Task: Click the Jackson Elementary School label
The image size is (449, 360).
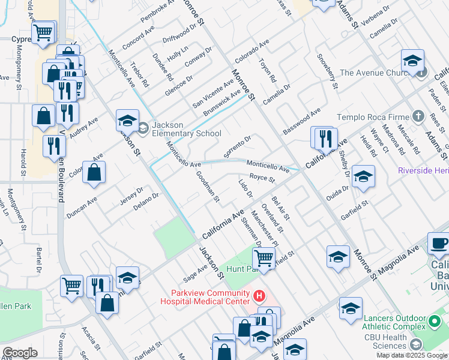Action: [x=186, y=129]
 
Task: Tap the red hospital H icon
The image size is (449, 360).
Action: [x=259, y=296]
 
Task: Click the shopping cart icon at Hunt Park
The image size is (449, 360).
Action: [x=264, y=259]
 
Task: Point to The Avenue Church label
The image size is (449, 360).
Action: [x=373, y=73]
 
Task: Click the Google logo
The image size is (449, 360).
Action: [x=20, y=353]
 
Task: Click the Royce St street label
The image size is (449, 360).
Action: [x=262, y=178]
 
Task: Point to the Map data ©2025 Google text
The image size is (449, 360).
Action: [x=411, y=355]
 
